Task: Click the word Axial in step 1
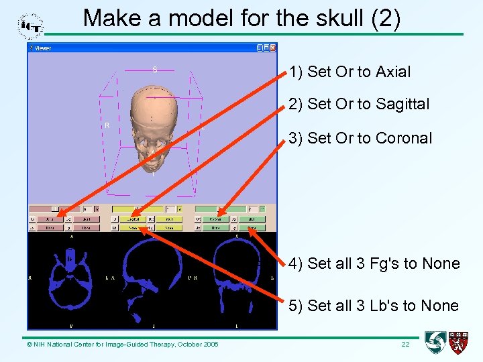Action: tap(393, 72)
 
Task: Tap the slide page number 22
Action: tap(405, 344)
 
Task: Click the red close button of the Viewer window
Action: tap(272, 48)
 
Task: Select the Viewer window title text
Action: tap(43, 48)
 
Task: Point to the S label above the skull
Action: tap(154, 70)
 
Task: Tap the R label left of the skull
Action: tap(107, 125)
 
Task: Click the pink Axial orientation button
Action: tap(50, 219)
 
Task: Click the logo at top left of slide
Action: tap(30, 26)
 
